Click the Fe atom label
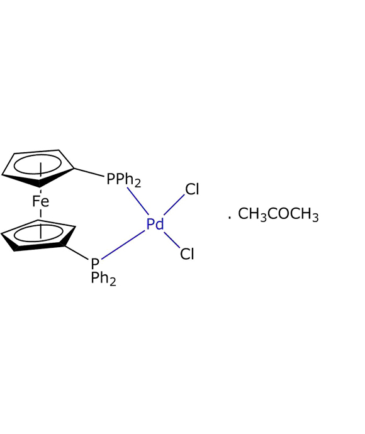click(x=40, y=201)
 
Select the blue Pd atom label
click(x=155, y=224)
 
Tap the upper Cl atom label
click(x=192, y=189)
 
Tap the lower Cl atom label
click(x=187, y=253)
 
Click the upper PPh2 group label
click(x=124, y=180)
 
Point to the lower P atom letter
click(x=95, y=264)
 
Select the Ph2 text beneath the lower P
click(x=104, y=279)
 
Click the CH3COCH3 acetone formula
click(x=278, y=214)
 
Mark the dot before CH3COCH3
click(x=229, y=218)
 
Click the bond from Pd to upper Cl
click(x=174, y=205)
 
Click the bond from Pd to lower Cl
click(x=172, y=240)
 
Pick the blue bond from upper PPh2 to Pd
click(x=138, y=201)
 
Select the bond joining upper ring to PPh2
click(x=89, y=172)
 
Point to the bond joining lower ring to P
click(x=76, y=252)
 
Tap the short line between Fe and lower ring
click(x=41, y=213)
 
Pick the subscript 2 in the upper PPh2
click(x=138, y=184)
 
